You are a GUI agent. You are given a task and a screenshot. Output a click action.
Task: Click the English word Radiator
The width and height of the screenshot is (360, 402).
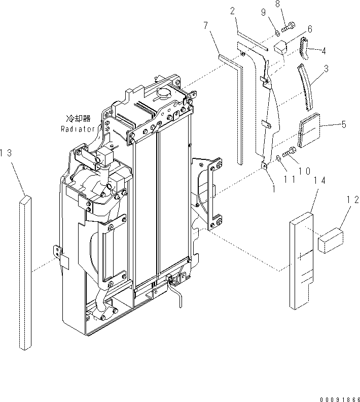(x=78, y=129)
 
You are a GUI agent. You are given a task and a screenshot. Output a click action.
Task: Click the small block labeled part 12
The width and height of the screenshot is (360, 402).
(x=330, y=239)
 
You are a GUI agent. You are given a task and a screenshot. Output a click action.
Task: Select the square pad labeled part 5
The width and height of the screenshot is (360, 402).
(x=309, y=130)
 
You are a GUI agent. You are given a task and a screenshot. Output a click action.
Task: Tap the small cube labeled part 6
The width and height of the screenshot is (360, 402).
(x=280, y=47)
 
